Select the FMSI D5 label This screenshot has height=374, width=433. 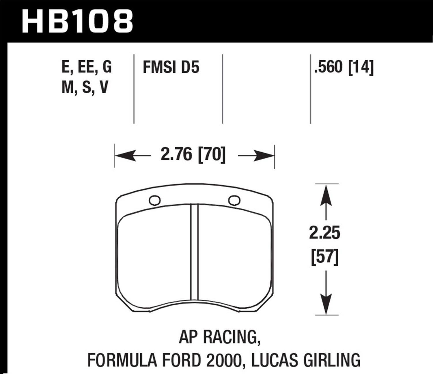click(171, 68)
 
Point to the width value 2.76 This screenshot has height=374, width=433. click(176, 155)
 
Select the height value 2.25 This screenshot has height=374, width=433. click(325, 234)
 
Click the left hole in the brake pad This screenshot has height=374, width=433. click(155, 200)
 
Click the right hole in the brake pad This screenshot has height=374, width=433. click(234, 200)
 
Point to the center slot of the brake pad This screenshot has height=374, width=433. click(194, 254)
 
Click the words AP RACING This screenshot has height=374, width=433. click(220, 337)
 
